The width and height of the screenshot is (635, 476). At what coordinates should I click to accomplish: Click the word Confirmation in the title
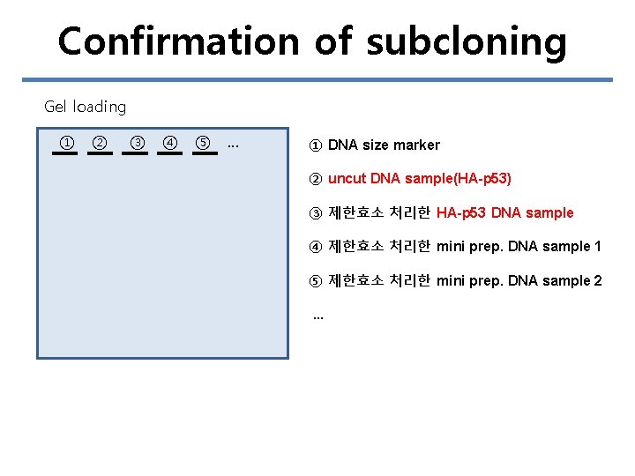[x=178, y=41]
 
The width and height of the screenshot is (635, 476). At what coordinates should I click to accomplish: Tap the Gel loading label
[x=85, y=107]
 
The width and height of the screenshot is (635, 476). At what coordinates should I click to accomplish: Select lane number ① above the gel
[x=65, y=143]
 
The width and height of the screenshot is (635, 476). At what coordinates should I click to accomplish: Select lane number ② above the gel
[x=100, y=143]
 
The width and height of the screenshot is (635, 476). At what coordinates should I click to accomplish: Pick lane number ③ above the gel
[x=137, y=143]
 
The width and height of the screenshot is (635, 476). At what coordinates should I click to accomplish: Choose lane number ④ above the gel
[x=169, y=143]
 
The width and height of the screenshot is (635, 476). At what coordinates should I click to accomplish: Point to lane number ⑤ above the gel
[x=203, y=143]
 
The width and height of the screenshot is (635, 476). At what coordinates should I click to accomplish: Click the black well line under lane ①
[x=64, y=153]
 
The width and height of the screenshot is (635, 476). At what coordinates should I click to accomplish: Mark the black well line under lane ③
[x=135, y=153]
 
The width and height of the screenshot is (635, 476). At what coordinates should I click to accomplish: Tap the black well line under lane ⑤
[x=204, y=153]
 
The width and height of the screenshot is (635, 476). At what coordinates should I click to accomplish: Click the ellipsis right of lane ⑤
[x=233, y=145]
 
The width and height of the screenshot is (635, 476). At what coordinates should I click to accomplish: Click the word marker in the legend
[x=416, y=145]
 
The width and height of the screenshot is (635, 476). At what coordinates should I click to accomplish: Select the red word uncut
[x=347, y=178]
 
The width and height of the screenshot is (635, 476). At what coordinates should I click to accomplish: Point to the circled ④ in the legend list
[x=316, y=247]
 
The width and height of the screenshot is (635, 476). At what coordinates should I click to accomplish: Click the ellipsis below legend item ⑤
[x=318, y=315]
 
